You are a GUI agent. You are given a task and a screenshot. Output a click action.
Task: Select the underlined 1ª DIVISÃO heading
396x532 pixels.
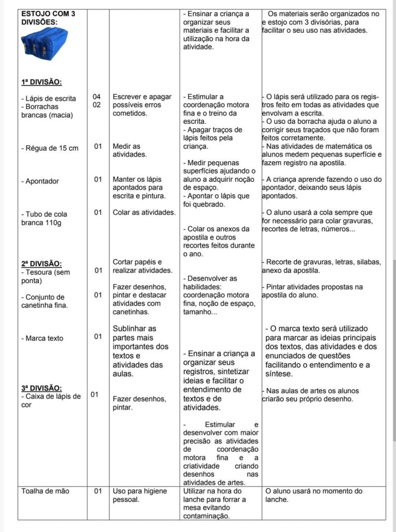point(42,82)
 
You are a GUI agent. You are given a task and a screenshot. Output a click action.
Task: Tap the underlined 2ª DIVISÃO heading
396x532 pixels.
point(42,263)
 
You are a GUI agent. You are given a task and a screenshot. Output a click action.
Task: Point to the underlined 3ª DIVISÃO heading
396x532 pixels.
point(42,388)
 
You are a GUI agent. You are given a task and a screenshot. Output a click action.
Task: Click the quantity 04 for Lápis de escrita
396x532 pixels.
point(97,97)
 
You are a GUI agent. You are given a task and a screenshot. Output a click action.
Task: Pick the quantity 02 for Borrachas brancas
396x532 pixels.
point(97,105)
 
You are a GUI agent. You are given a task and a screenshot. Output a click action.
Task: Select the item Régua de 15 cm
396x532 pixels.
point(50,149)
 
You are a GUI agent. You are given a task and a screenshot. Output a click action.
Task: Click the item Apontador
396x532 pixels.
point(40,181)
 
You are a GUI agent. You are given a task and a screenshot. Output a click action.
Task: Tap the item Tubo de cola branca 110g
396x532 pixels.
point(44,218)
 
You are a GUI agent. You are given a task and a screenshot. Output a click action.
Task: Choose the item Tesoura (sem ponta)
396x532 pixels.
point(45,276)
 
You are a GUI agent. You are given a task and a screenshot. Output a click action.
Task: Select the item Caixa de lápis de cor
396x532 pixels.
point(50,401)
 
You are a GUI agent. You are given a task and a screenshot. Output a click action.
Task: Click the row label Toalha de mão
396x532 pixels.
point(45,491)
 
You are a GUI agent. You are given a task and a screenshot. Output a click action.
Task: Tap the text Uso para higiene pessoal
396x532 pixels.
point(139,495)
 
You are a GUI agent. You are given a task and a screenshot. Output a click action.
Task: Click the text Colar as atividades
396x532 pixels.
point(144,212)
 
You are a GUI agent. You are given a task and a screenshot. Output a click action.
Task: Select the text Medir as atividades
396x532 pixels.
point(130,150)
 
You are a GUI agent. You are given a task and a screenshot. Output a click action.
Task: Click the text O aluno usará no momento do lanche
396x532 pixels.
point(313,495)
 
